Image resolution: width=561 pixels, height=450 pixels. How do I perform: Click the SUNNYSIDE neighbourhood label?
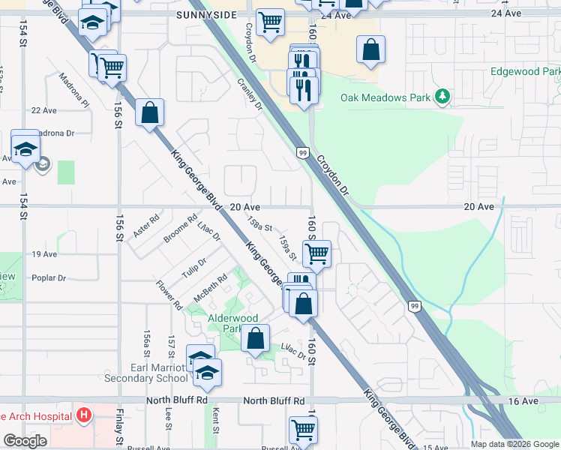[207, 14]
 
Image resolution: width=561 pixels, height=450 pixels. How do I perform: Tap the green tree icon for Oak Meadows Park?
[443, 97]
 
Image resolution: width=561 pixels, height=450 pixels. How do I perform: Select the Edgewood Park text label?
[525, 71]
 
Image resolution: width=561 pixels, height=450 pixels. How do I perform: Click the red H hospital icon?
[85, 415]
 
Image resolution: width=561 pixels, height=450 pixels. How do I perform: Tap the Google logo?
[25, 441]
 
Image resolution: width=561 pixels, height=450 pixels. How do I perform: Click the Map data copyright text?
[514, 444]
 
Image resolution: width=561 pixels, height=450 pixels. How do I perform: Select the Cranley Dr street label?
[250, 95]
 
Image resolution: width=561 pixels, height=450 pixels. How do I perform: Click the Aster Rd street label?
[147, 227]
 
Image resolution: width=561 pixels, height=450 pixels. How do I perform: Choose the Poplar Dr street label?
[49, 277]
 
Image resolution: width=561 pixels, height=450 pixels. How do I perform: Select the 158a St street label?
[259, 224]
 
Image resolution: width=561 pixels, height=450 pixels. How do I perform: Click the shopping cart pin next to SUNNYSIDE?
[270, 22]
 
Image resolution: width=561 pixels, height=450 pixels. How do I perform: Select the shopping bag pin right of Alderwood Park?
[256, 338]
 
